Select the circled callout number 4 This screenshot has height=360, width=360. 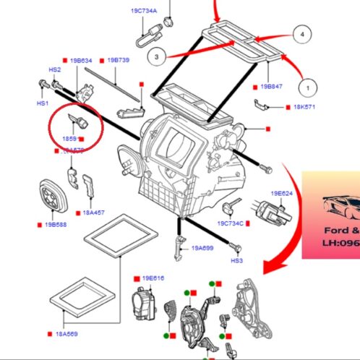coord(303,34)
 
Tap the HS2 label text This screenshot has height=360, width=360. coord(55,70)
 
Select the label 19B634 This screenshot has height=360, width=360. coord(81,61)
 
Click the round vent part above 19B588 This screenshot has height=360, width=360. coord(51,193)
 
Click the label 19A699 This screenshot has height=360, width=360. coord(203,248)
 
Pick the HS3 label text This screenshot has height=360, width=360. coord(236,260)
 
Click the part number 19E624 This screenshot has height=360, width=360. coord(281,193)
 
